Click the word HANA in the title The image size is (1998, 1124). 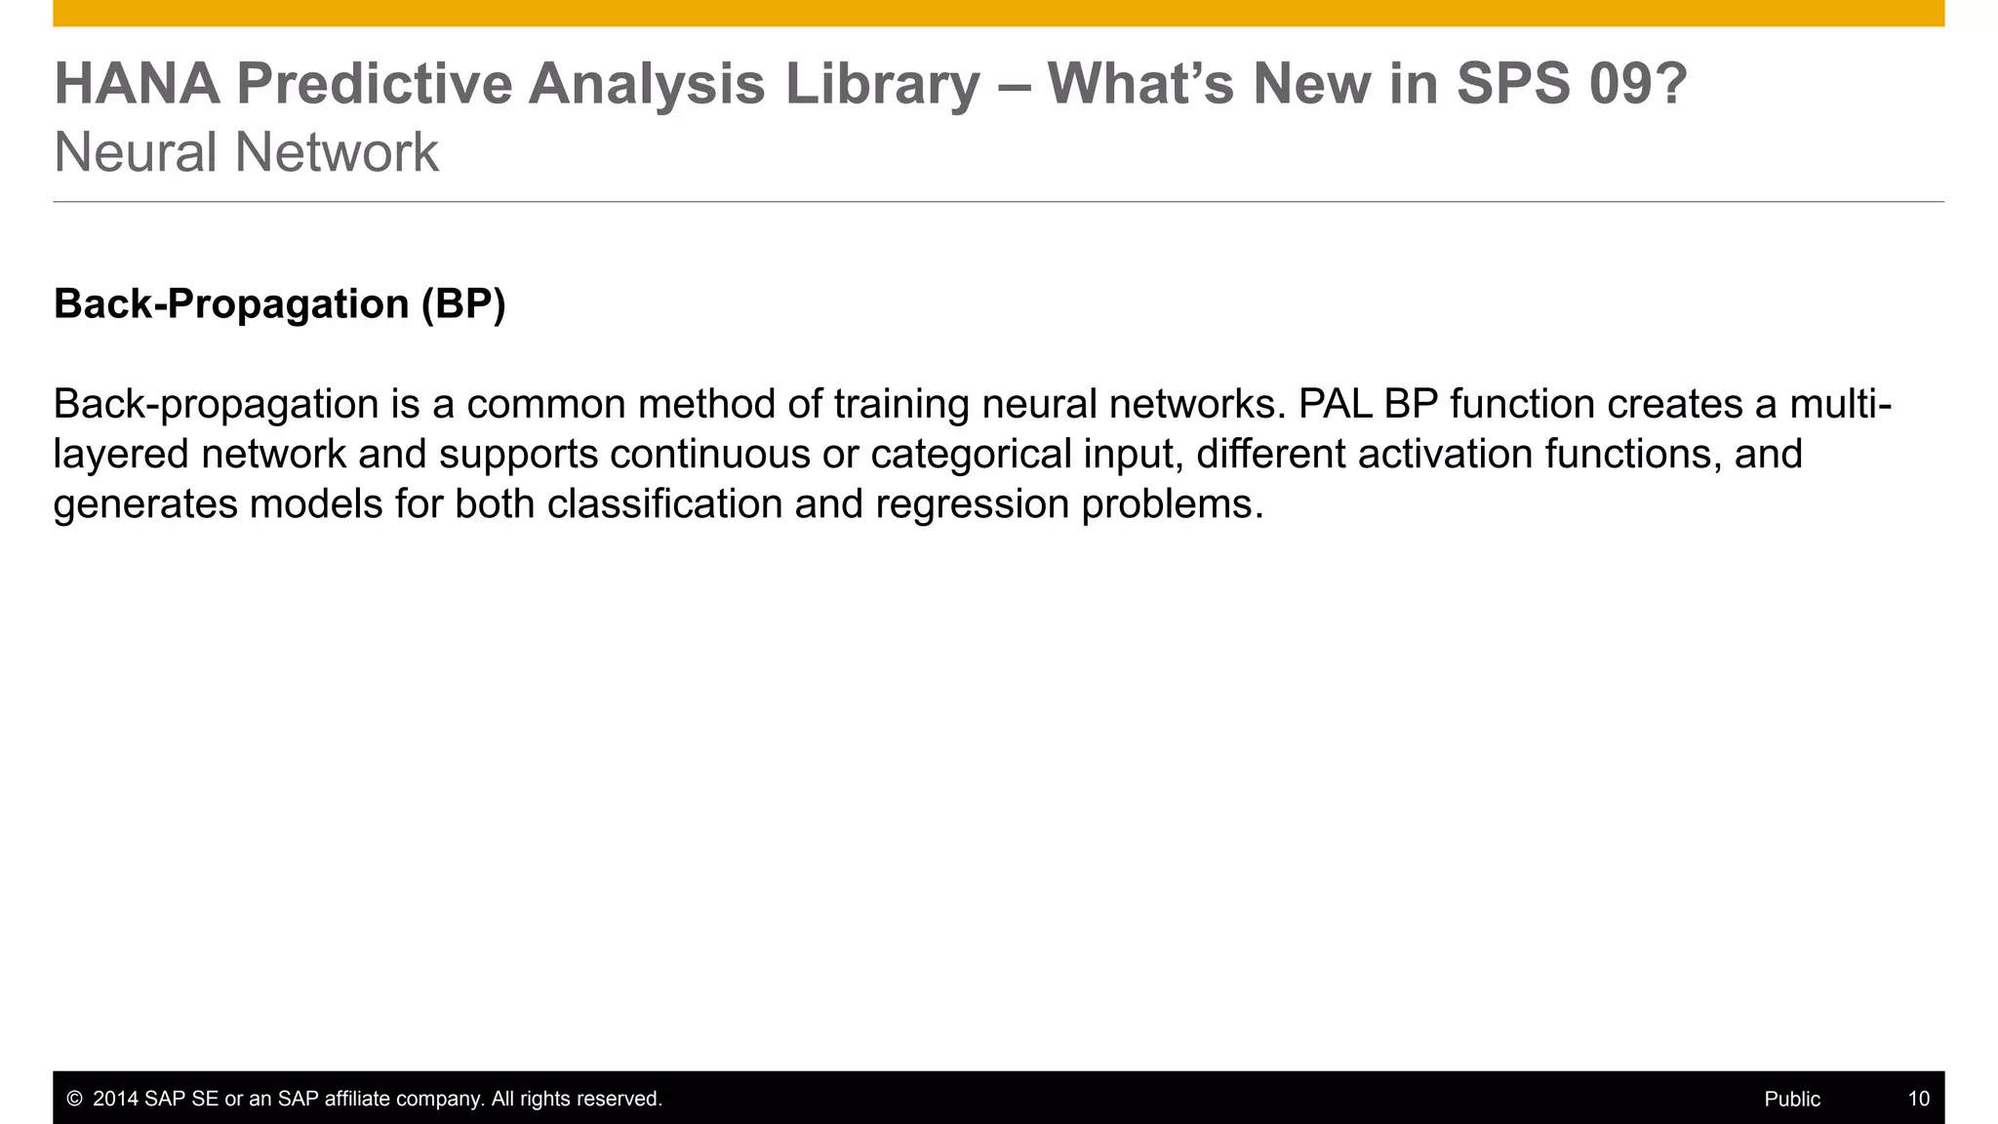137,84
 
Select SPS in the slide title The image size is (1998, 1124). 1513,84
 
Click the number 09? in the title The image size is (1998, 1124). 1638,84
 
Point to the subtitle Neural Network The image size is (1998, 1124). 246,153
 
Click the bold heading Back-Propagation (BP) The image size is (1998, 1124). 280,304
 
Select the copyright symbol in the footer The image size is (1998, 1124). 74,1100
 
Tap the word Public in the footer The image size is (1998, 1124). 1792,1100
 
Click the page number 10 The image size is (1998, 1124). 1918,1100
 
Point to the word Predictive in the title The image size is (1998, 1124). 374,84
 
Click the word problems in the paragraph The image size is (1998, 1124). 1172,504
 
